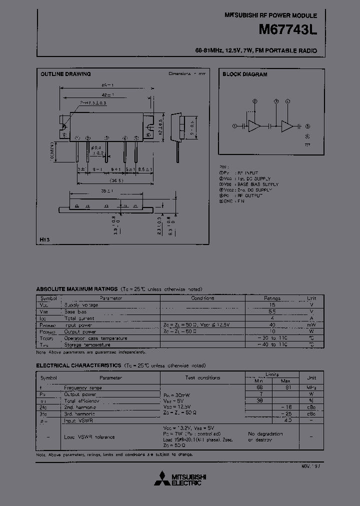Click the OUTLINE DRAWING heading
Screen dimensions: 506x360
pos(65,74)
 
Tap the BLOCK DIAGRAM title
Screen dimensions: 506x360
pos(245,74)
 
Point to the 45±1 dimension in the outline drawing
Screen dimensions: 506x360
pos(107,85)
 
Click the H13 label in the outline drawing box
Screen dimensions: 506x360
pos(44,239)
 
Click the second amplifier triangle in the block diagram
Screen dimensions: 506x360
pos(287,126)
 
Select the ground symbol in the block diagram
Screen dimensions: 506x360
pos(307,143)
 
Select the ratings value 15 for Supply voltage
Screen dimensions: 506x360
pos(272,304)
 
